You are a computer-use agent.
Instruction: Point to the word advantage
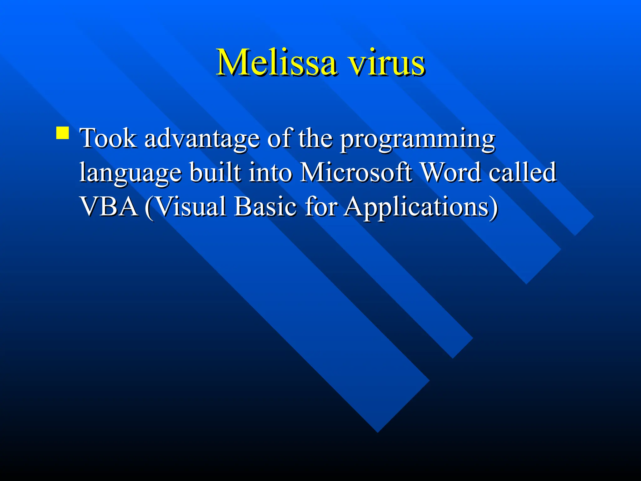202,139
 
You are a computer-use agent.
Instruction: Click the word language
130,173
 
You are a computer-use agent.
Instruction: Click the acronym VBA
109,206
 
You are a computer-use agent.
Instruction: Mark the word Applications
416,207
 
